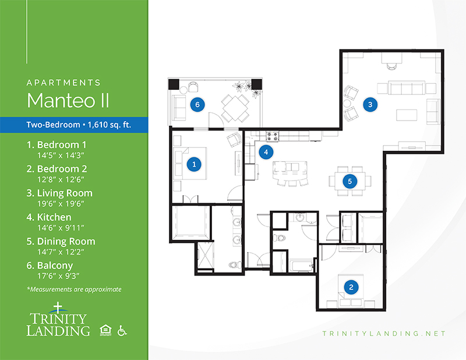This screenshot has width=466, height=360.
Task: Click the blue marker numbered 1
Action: pyautogui.click(x=194, y=164)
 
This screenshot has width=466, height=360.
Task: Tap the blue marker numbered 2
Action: pyautogui.click(x=351, y=287)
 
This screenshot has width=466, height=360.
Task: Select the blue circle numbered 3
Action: pyautogui.click(x=370, y=104)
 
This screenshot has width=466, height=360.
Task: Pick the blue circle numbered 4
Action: pyautogui.click(x=266, y=152)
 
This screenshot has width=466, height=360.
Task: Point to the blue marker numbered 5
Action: pyautogui.click(x=349, y=181)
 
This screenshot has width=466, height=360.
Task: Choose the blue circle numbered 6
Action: pyautogui.click(x=197, y=104)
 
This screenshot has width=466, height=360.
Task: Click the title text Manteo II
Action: pyautogui.click(x=68, y=100)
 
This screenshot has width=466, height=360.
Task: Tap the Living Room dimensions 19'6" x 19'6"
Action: pyautogui.click(x=61, y=204)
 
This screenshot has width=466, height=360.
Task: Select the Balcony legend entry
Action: pyautogui.click(x=50, y=270)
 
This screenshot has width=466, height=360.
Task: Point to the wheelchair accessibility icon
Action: pyautogui.click(x=122, y=330)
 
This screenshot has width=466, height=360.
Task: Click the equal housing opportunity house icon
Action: pyautogui.click(x=105, y=330)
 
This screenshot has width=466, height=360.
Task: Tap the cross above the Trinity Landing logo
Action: pyautogui.click(x=58, y=308)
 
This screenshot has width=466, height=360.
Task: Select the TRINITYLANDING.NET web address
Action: pyautogui.click(x=384, y=334)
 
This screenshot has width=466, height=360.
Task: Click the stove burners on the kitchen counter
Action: pyautogui.click(x=272, y=136)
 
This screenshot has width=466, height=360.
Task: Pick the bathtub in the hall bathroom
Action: pyautogui.click(x=301, y=266)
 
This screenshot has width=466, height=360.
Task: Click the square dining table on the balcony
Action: pyautogui.click(x=235, y=108)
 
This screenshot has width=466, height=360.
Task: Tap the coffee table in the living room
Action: pyautogui.click(x=407, y=115)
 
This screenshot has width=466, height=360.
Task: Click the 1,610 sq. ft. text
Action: pyautogui.click(x=109, y=125)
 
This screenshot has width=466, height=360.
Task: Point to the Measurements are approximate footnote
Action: pyautogui.click(x=74, y=290)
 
